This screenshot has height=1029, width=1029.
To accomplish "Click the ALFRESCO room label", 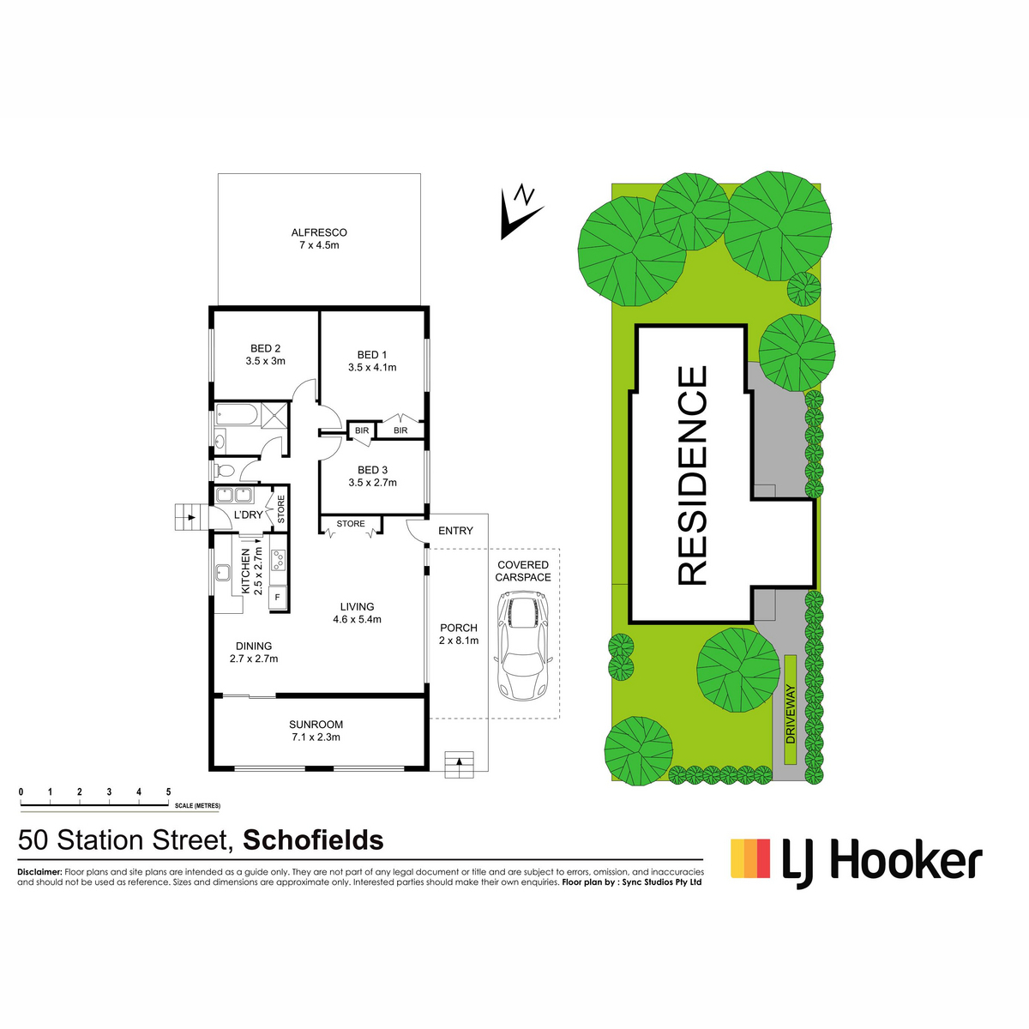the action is pos(319,232).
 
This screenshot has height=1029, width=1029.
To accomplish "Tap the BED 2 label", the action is pos(265,349).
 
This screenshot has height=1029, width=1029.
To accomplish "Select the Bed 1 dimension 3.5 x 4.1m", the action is pos(372,367).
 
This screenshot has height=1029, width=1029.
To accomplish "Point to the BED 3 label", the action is pos(372,470).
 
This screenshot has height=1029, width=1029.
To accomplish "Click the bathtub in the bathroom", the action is pos(237,415).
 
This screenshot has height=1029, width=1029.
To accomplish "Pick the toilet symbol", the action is pos(225,471).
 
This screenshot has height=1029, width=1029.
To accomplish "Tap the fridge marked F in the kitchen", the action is pos(278,597).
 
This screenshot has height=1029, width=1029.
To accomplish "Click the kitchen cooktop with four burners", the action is pos(278,559).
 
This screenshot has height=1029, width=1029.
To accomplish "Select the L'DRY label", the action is pos(249,514).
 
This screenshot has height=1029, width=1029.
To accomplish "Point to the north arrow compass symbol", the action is pos(521,213).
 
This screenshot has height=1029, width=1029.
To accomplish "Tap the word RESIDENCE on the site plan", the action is pos(693,475).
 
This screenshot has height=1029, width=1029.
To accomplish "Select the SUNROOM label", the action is pos(316,725).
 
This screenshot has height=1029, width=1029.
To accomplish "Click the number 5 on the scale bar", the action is pos(168,792).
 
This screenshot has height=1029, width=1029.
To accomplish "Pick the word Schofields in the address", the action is pos(314,840).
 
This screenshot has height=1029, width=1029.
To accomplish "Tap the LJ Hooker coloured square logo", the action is pos(750,858).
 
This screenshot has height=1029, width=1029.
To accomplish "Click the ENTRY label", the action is pos(455,530).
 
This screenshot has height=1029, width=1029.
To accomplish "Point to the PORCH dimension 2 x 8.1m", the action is pos(459,641).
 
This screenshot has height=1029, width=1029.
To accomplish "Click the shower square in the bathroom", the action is pos(274,415).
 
